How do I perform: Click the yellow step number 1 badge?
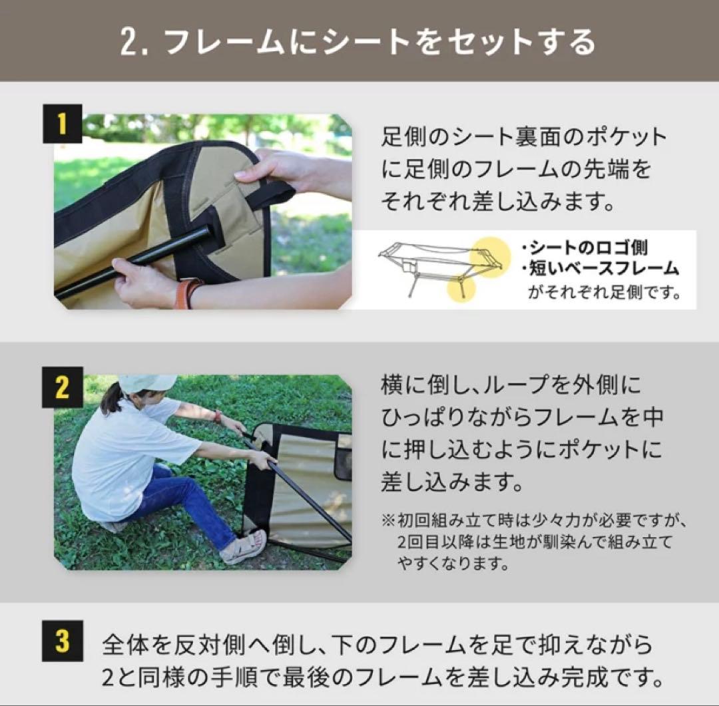(x=62, y=124)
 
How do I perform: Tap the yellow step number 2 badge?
(x=62, y=387)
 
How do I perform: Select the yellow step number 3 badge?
(x=62, y=640)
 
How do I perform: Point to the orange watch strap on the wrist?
(x=187, y=293)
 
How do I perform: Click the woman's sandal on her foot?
(x=244, y=546)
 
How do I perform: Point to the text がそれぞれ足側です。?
(x=604, y=292)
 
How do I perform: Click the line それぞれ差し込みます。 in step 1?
(x=497, y=201)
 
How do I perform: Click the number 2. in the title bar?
(x=136, y=41)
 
